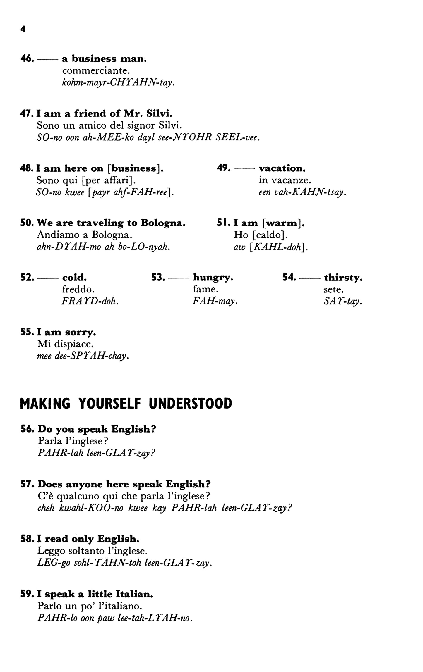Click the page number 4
(23, 30)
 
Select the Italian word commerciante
(96, 70)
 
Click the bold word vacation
(282, 168)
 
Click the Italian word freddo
(78, 290)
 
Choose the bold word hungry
(213, 278)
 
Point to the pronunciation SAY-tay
(343, 301)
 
